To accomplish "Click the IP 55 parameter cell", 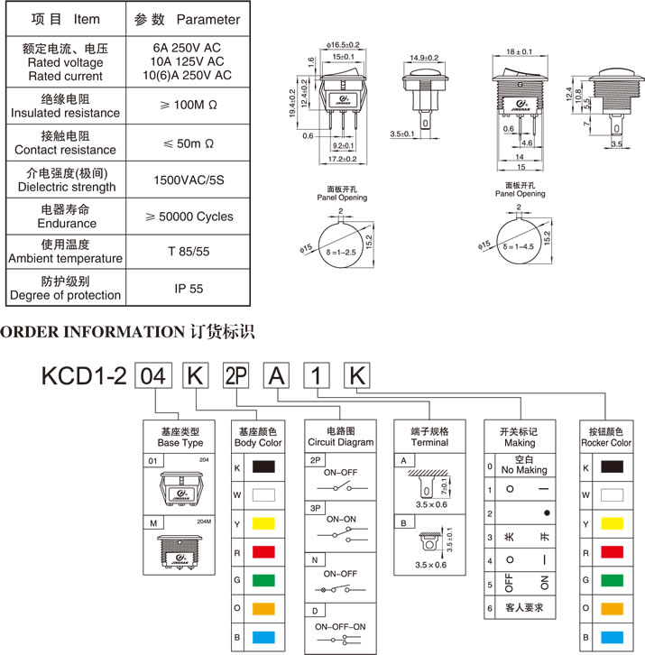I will pos(189,289).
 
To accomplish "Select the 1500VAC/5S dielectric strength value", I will pos(189,180).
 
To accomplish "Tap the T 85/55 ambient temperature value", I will pos(189,252).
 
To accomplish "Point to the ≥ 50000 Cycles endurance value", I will pos(189,217).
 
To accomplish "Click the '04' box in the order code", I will pos(154,375).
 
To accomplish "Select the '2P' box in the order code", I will pos(235,375).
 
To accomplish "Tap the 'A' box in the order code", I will pos(275,375).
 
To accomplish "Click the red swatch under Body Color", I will pos(264,552).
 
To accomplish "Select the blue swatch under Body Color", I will pos(264,637).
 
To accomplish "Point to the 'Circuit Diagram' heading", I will pos(341,443).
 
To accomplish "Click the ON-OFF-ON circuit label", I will pos(340,626).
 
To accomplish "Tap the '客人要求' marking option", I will pos(526,608).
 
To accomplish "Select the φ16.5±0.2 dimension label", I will pos(342,44).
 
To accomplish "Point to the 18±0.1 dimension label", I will pos(520,52).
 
